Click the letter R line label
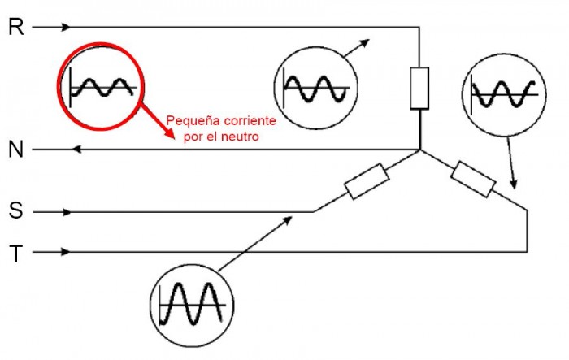point(16,27)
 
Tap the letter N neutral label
point(15,150)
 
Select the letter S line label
point(15,210)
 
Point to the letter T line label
point(16,254)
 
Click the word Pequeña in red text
point(189,121)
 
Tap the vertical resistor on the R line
point(419,89)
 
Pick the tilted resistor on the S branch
point(367,181)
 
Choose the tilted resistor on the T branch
point(473,180)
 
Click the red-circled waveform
point(102,87)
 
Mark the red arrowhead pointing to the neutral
point(170,132)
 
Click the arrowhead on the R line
point(65,27)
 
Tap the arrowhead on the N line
point(76,150)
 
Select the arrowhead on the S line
point(67,212)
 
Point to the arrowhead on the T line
point(65,251)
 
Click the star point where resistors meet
point(420,150)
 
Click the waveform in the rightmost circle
point(504,94)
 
